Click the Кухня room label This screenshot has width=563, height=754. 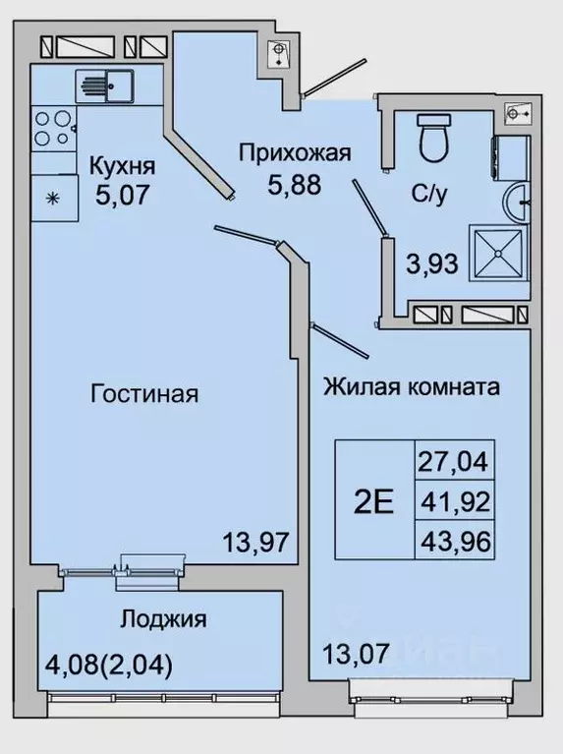122,163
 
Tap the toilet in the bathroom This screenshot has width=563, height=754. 432,139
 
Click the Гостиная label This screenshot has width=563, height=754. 144,395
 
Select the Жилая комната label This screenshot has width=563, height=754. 411,386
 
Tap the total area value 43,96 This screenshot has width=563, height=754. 453,540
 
